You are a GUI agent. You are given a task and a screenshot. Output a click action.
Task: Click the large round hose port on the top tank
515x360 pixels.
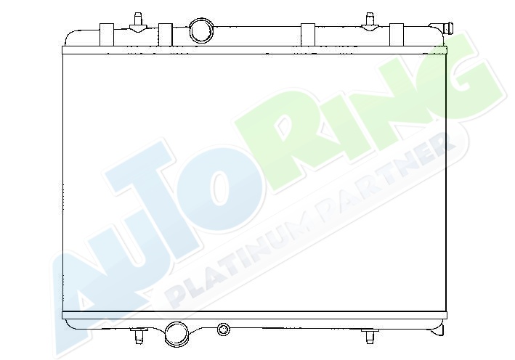[x=200, y=30]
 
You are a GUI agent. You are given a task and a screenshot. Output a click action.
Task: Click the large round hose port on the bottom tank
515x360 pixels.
[x=177, y=334]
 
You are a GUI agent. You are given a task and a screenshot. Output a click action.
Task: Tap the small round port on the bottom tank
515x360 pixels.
[x=223, y=329]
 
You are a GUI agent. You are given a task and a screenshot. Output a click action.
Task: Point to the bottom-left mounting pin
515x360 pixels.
[x=139, y=335]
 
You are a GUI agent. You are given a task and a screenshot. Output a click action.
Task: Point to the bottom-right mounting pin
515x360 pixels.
[x=370, y=336]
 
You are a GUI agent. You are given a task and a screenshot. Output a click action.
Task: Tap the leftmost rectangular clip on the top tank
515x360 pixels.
[x=107, y=35]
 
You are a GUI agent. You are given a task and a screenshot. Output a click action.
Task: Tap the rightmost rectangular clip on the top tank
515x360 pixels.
[x=397, y=35]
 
